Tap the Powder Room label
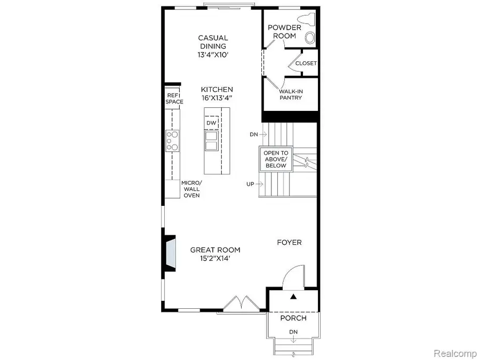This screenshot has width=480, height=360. pyautogui.click(x=284, y=32)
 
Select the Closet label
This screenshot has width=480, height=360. pyautogui.click(x=306, y=63)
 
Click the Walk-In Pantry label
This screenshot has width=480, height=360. pyautogui.click(x=291, y=94)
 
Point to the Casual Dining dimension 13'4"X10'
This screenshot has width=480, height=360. pyautogui.click(x=213, y=55)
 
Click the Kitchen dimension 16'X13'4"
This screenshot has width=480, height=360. pyautogui.click(x=217, y=98)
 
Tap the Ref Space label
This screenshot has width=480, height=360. pyautogui.click(x=174, y=98)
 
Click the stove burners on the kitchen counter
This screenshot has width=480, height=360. pyautogui.click(x=172, y=141)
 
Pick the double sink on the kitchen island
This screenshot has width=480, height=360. pyautogui.click(x=211, y=141)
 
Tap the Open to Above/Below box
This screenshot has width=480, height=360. pyautogui.click(x=276, y=159)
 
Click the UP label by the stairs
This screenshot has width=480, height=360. pyautogui.click(x=250, y=184)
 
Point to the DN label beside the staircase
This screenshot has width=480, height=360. pyautogui.click(x=253, y=134)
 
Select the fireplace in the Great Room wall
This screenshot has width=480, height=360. pyautogui.click(x=170, y=253)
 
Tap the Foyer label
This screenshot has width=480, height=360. pyautogui.click(x=289, y=243)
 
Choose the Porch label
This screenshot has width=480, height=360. pyautogui.click(x=293, y=318)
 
